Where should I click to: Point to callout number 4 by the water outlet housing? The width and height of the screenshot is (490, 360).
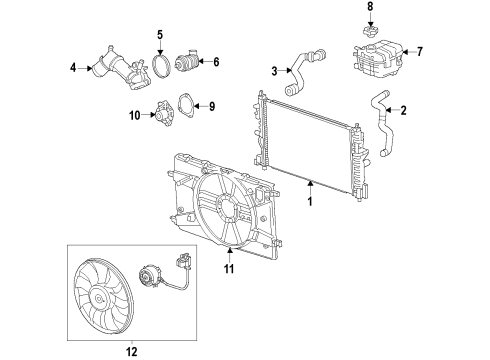72,69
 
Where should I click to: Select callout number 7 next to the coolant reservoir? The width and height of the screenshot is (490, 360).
420,51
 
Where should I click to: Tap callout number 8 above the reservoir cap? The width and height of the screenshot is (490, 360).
368,7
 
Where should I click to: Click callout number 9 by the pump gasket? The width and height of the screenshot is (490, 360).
211,105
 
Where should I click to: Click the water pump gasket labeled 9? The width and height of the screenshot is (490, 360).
183,105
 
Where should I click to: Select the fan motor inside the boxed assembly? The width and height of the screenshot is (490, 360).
154,281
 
